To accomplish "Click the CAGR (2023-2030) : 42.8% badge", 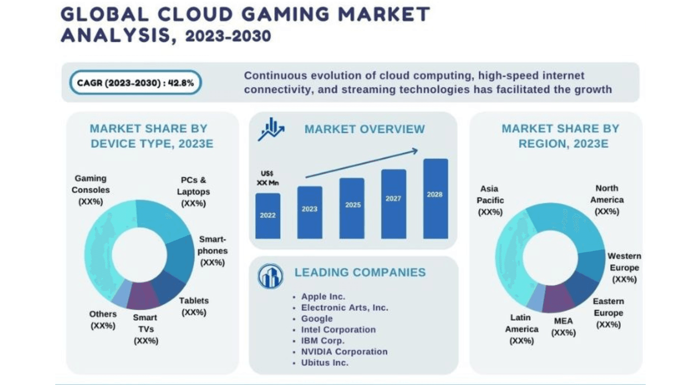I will (x=135, y=82).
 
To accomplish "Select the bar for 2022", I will (x=268, y=216).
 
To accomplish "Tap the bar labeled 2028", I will (x=435, y=198).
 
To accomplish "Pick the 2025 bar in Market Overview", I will (x=352, y=208).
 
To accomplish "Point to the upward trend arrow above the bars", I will (x=361, y=164).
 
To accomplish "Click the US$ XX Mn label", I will (x=267, y=178).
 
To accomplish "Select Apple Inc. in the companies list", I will (x=323, y=296).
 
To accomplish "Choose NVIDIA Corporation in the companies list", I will (x=344, y=352).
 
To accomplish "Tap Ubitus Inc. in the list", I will (x=324, y=363).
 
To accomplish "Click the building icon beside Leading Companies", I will (x=270, y=276).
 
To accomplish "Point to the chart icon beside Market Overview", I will (x=271, y=129).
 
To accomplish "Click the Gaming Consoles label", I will (x=90, y=190).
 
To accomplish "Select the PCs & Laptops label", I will (x=193, y=192).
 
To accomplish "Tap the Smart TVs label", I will (x=146, y=329).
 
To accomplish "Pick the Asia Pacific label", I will (x=490, y=200).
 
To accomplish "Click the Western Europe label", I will (x=624, y=267).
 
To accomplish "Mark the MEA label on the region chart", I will (x=563, y=327).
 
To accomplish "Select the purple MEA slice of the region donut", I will (x=558, y=298).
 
